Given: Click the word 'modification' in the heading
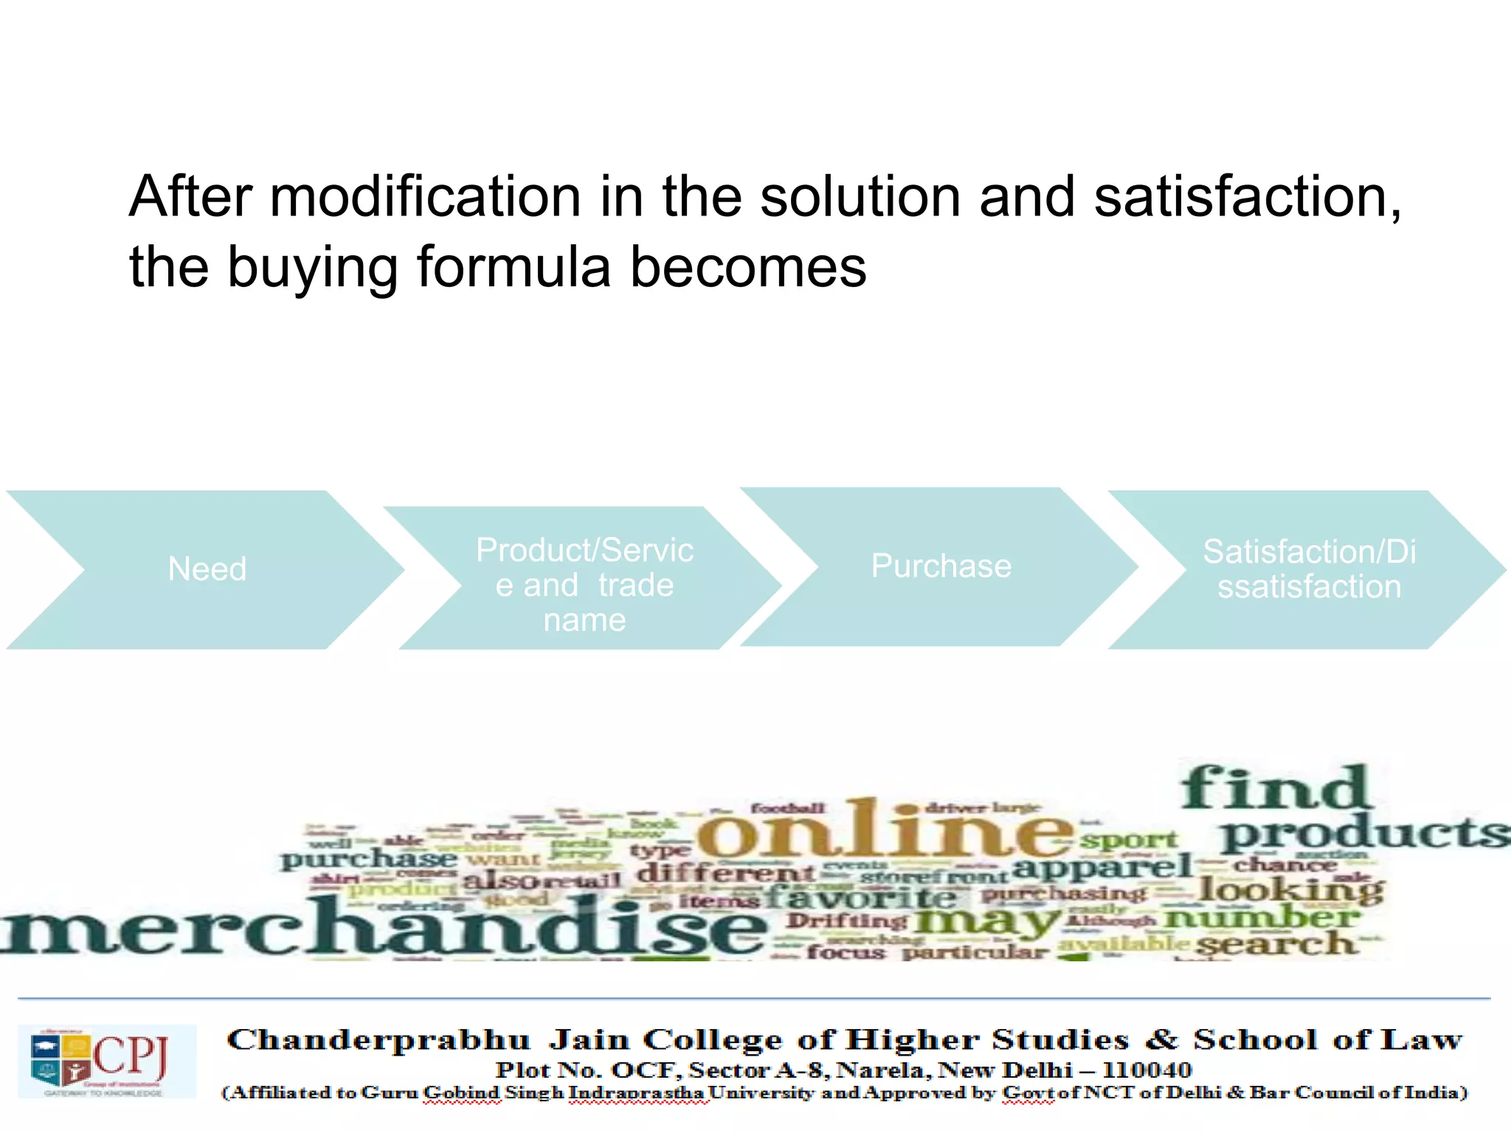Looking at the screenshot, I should point(426,197).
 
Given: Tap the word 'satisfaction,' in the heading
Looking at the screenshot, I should point(1248,197).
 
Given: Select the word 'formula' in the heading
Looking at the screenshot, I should point(514,267).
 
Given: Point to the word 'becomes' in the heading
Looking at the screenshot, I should point(748,267).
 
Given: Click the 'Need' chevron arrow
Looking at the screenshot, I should point(207,569).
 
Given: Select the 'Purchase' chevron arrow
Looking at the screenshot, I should point(941,566).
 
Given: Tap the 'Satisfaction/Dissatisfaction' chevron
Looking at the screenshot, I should point(1309,569).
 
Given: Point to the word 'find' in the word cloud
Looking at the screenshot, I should point(1276,788).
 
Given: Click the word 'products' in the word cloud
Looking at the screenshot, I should point(1365,834).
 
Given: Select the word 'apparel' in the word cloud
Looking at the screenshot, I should point(1102,866).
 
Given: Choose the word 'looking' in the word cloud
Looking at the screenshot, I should point(1291,890).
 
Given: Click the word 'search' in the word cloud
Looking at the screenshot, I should point(1276,944).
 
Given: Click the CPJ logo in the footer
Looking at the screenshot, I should point(106,1061).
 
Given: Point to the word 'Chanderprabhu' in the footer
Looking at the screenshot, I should point(378,1040).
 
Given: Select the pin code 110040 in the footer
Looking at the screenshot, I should point(1147,1070).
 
